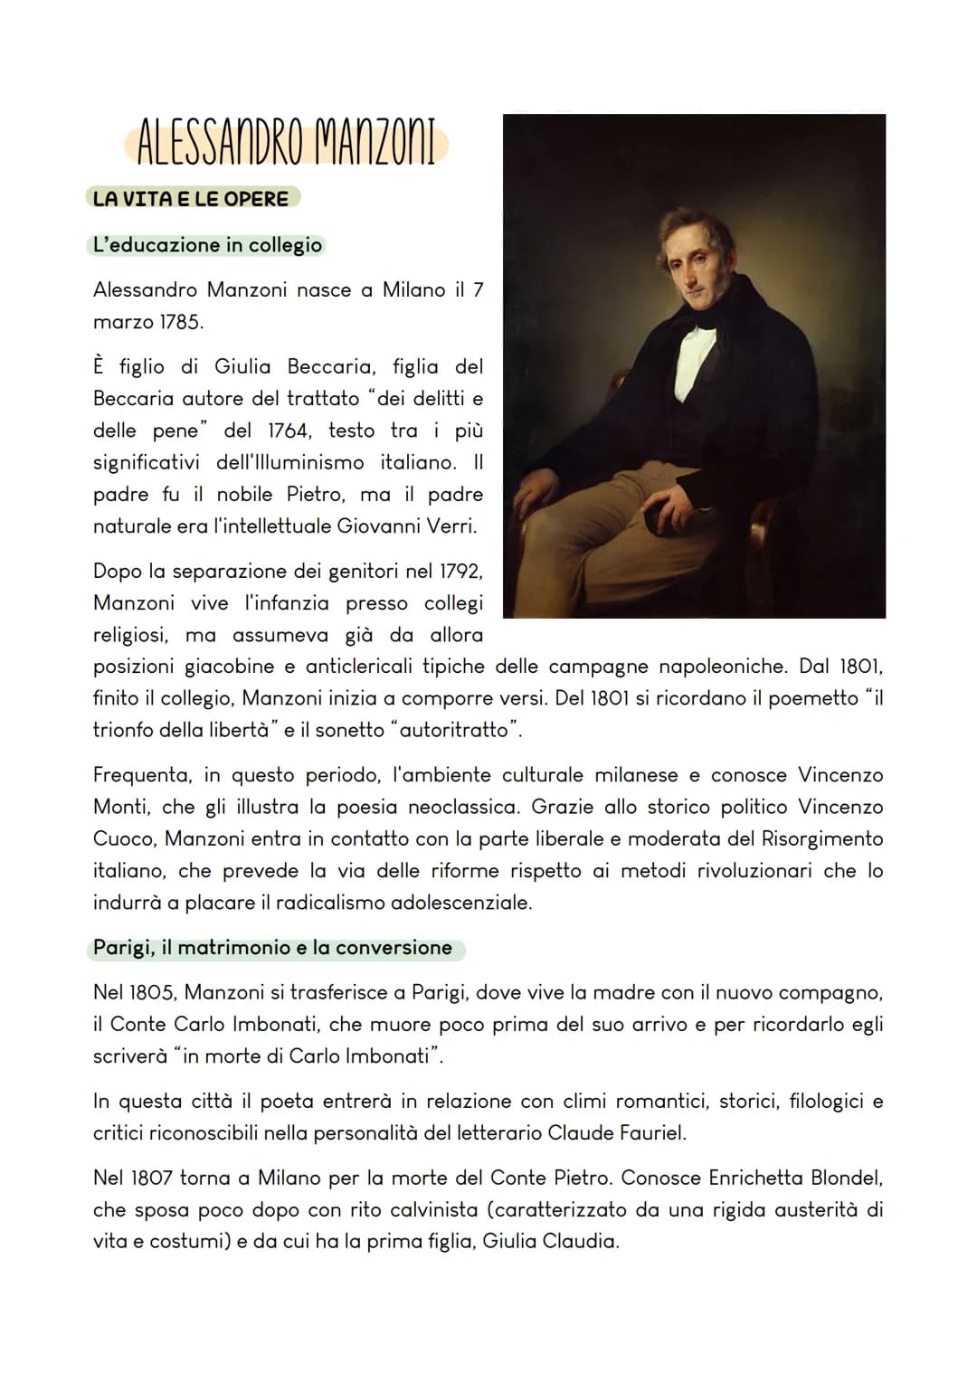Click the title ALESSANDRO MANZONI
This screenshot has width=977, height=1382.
[286, 144]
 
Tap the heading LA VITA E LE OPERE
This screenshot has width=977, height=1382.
[191, 199]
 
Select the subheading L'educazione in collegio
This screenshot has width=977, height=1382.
[207, 245]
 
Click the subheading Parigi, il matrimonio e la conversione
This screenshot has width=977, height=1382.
[272, 948]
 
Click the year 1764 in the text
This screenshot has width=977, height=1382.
[289, 431]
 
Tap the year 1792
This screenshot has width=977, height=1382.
[460, 572]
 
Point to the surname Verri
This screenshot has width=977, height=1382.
[449, 526]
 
